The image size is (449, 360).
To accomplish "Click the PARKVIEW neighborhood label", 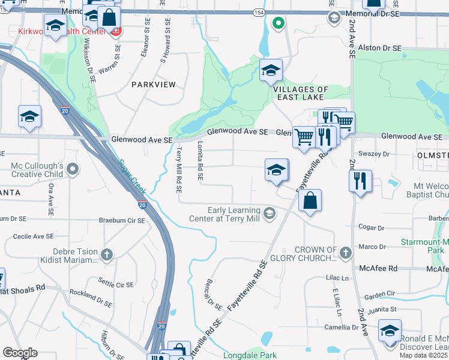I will click(154, 85).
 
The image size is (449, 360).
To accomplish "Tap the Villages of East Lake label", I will click(301, 94).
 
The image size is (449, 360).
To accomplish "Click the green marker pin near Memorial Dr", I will click(277, 23).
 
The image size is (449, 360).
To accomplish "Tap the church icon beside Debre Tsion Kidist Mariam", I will click(107, 254).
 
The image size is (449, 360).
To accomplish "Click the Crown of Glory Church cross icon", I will click(345, 253).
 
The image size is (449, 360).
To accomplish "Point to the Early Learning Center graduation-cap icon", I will click(270, 213).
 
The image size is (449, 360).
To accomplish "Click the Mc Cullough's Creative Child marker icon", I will click(73, 170).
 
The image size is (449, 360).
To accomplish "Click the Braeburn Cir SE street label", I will click(122, 220).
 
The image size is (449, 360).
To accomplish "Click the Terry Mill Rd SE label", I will click(178, 171).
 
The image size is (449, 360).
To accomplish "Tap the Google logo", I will click(20, 353).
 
